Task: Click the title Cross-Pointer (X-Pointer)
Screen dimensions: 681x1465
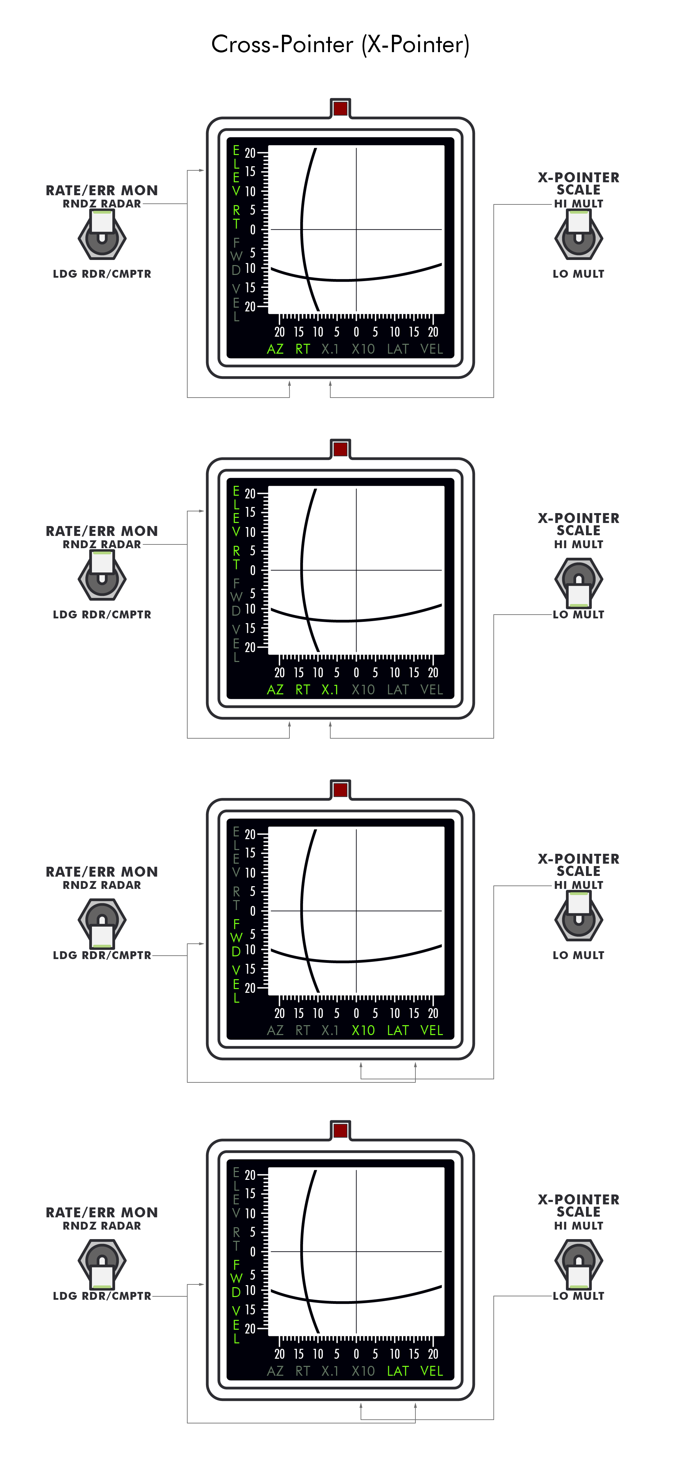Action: click(340, 44)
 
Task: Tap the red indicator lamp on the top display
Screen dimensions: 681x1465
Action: click(340, 108)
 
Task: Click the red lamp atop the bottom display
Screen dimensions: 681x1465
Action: click(340, 1130)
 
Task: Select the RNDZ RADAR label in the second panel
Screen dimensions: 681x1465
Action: click(102, 544)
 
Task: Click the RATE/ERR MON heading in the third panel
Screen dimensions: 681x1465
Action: click(102, 872)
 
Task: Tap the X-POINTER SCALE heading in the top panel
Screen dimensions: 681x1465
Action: click(579, 183)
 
